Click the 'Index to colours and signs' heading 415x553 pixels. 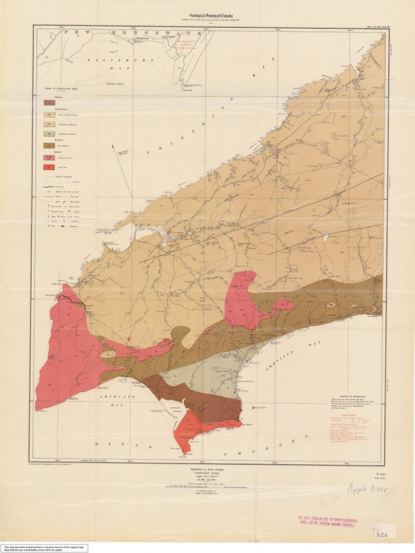[x=61, y=88]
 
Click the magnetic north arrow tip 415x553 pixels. [x=112, y=145]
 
